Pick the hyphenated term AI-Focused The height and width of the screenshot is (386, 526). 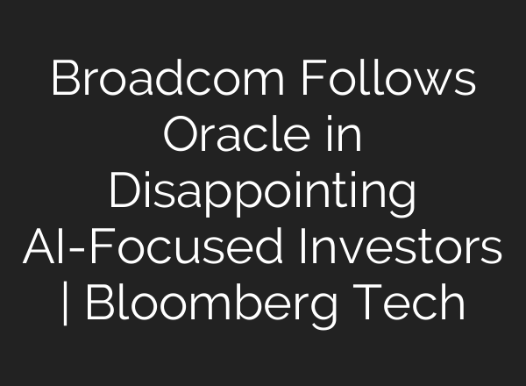pos(139,249)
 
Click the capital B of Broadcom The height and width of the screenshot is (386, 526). pos(64,82)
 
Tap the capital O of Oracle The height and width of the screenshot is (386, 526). pos(182,138)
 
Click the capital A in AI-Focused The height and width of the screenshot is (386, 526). pos(40,249)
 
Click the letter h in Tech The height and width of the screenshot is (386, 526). pos(451,304)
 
